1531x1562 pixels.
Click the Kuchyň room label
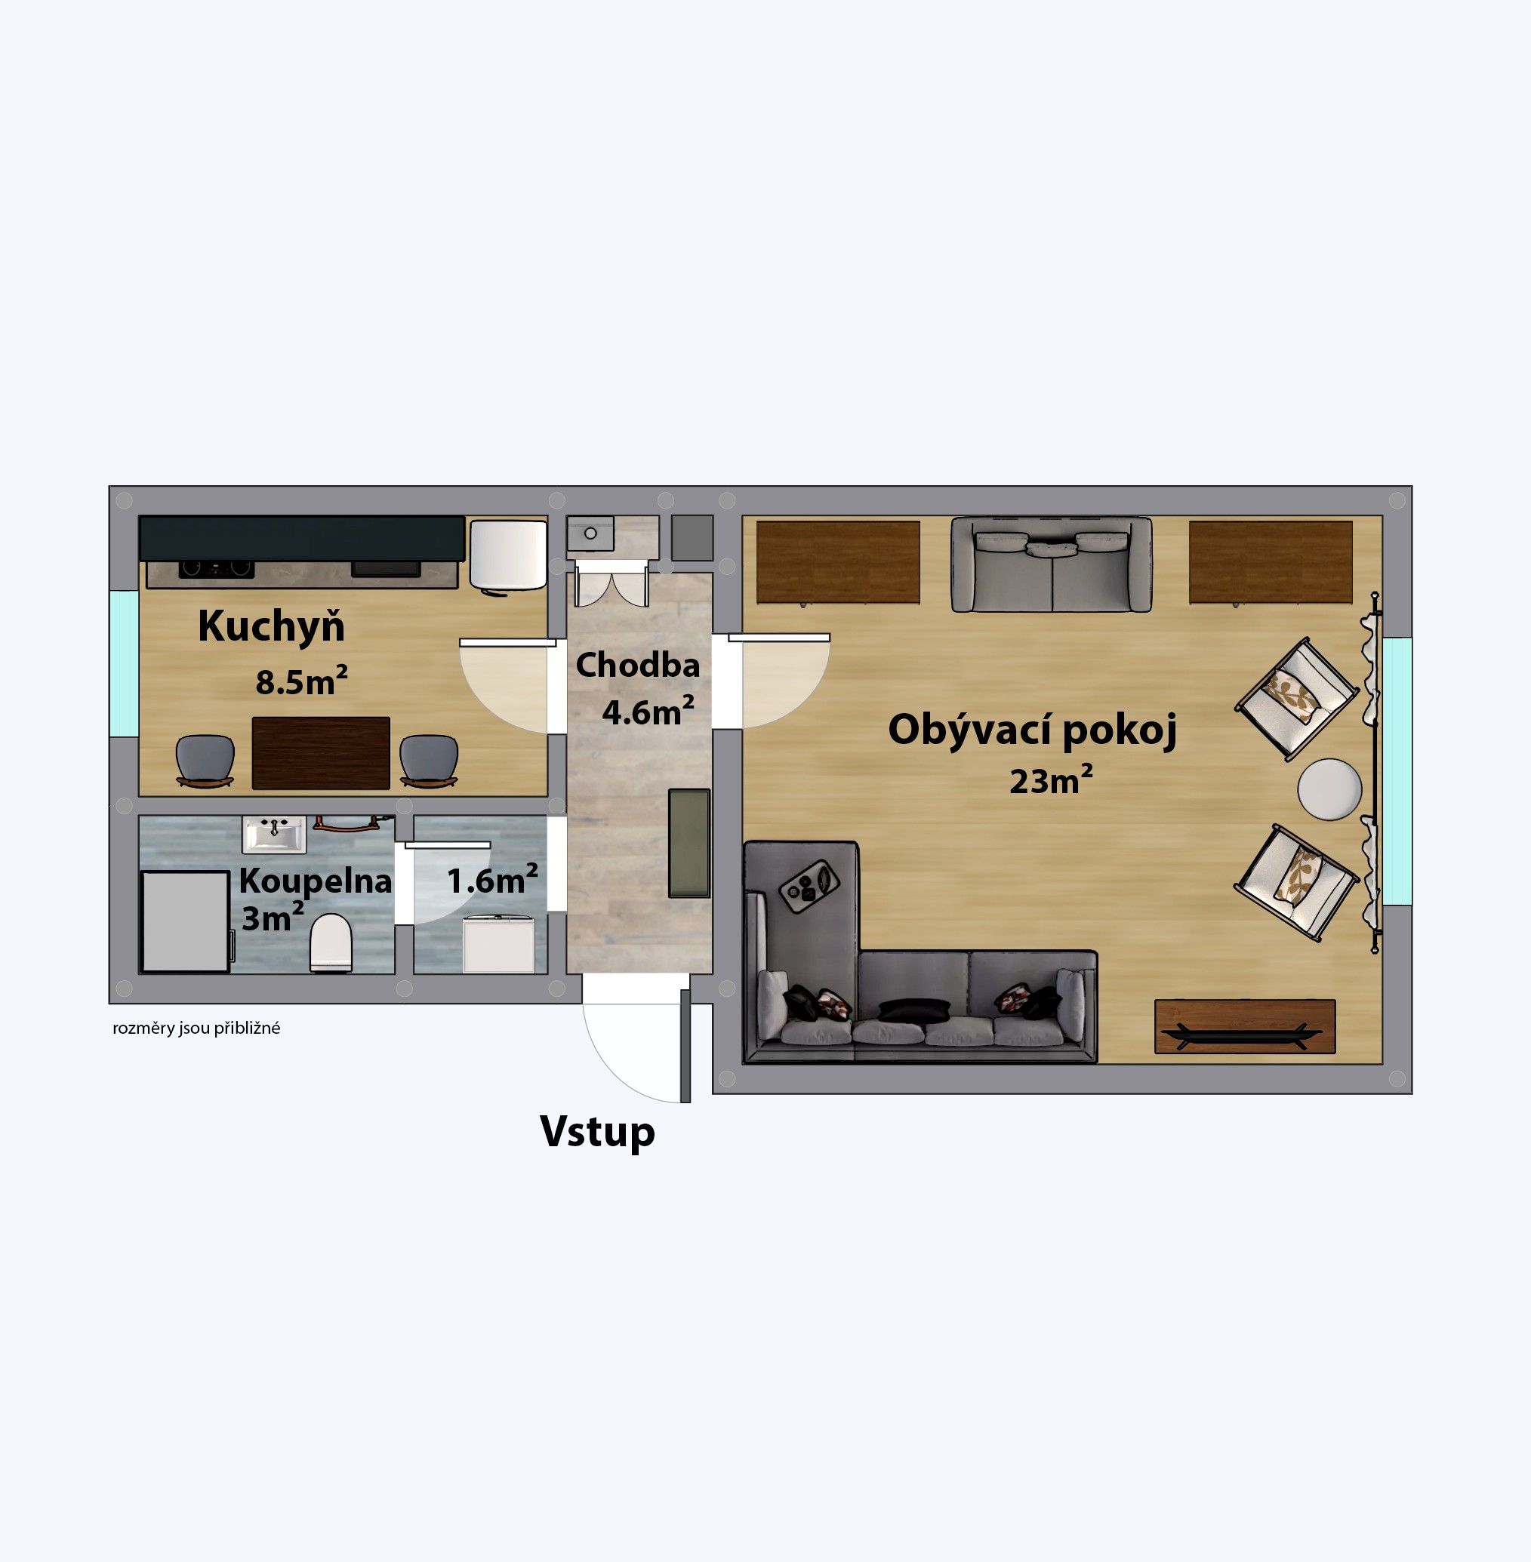(271, 627)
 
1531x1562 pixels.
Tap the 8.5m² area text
(301, 681)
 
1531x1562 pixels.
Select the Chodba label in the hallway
(638, 666)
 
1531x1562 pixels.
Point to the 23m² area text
(1050, 780)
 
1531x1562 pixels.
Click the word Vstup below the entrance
(597, 1132)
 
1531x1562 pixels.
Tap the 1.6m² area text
(492, 881)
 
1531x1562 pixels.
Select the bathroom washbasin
(274, 834)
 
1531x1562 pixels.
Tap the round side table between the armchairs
(1330, 789)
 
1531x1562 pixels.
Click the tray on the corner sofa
(809, 886)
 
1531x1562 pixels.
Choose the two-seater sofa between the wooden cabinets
(1051, 564)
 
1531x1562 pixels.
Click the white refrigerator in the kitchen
(508, 555)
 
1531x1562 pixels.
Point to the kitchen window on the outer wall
(124, 663)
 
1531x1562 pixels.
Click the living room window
(1397, 770)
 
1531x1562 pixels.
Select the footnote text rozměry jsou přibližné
(196, 1029)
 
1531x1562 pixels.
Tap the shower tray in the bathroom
(185, 921)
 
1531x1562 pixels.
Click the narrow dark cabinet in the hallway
(689, 844)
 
